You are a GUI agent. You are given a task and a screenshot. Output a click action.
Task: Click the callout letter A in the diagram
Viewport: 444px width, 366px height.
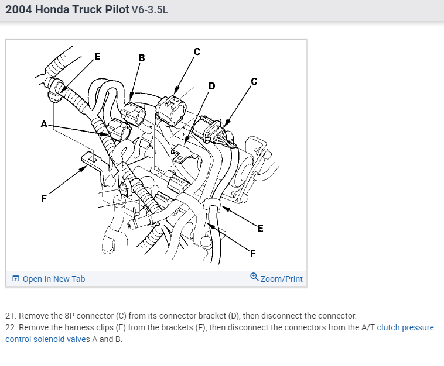coord(43,123)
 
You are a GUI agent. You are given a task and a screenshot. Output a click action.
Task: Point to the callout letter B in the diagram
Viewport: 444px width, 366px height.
coord(141,57)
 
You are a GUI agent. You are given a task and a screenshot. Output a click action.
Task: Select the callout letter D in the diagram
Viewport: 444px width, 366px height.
coord(211,86)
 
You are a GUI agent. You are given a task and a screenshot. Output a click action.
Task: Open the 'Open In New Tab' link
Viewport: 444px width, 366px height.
coord(54,279)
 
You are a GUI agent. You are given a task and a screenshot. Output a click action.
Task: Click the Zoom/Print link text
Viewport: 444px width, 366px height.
coord(282,279)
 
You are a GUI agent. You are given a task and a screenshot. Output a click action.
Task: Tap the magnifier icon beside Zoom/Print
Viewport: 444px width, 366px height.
coord(254,277)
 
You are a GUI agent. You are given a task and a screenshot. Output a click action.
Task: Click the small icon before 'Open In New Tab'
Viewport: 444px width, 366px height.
coord(16,279)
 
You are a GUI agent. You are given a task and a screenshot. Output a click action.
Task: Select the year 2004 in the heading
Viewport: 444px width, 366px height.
coord(19,10)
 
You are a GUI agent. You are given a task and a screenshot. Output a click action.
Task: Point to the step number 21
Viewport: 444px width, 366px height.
coord(9,316)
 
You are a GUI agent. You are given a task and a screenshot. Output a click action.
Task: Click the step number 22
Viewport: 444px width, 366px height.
coord(10,327)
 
